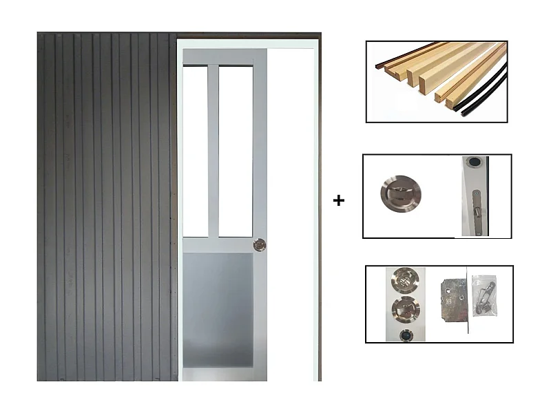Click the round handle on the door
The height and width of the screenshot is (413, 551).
[x=259, y=244]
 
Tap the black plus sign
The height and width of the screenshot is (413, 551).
[x=338, y=200]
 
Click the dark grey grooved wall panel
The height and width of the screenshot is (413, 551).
[x=107, y=206]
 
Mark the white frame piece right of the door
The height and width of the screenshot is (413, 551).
[x=291, y=206]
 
